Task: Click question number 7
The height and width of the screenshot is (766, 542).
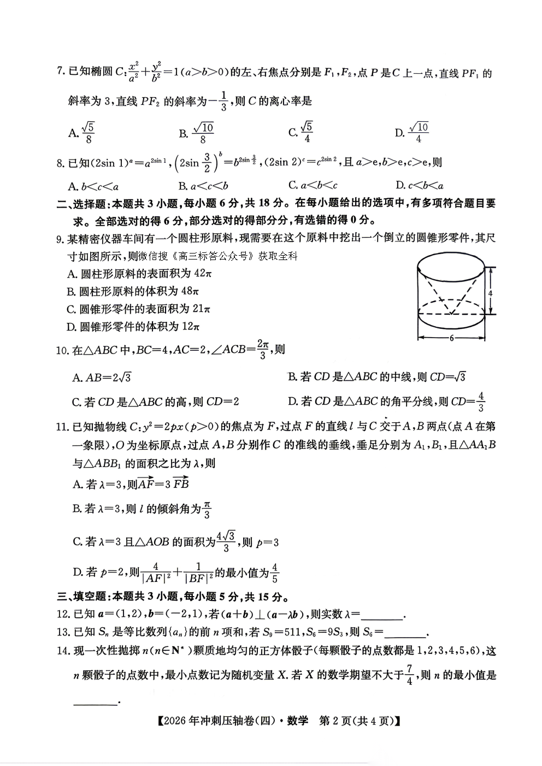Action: coord(60,72)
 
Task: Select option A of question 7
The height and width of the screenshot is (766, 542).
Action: coord(81,132)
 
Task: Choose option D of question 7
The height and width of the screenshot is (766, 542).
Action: coord(413,132)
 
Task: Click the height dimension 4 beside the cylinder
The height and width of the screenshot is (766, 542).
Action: coord(490,293)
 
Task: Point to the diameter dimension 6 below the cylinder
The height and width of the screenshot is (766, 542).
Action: coord(451,338)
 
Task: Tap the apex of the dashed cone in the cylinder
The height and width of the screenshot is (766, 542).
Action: coord(451,314)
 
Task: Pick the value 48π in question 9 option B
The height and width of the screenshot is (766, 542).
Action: coord(190,291)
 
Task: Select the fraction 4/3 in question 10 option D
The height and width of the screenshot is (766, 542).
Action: coord(481,402)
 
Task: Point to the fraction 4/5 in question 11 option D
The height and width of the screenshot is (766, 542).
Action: coord(274,573)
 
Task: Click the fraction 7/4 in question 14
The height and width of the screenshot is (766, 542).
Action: coord(410,675)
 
